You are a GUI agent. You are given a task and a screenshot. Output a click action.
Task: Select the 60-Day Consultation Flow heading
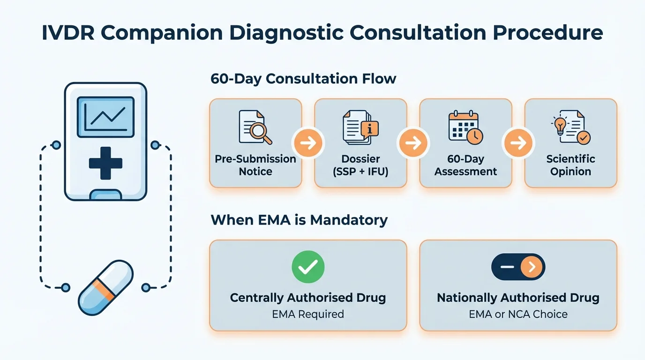(x=303, y=79)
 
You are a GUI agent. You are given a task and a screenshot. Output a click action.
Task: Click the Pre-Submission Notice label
(x=255, y=165)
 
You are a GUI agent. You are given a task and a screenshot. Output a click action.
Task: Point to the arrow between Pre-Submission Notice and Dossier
(x=308, y=143)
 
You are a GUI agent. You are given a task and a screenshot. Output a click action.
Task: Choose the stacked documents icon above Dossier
(x=360, y=127)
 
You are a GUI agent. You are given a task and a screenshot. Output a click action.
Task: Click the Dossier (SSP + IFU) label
(x=360, y=165)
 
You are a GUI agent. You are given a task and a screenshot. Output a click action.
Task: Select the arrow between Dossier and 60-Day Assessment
(x=413, y=143)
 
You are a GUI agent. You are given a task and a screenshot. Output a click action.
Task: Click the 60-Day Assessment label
(x=465, y=165)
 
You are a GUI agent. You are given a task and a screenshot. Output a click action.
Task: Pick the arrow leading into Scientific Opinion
(x=518, y=143)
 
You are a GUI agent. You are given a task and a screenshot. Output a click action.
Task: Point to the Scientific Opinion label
(x=570, y=165)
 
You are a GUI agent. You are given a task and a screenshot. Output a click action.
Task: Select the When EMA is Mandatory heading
(x=299, y=220)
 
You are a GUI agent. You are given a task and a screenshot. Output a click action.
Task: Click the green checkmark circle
(x=308, y=267)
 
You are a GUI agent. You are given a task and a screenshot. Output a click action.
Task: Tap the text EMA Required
(x=308, y=314)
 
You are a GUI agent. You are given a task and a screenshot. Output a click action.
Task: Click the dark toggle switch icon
(x=518, y=267)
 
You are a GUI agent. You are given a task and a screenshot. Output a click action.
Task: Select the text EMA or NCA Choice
(x=518, y=314)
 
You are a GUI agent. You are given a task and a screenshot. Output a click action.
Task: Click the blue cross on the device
(x=105, y=163)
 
